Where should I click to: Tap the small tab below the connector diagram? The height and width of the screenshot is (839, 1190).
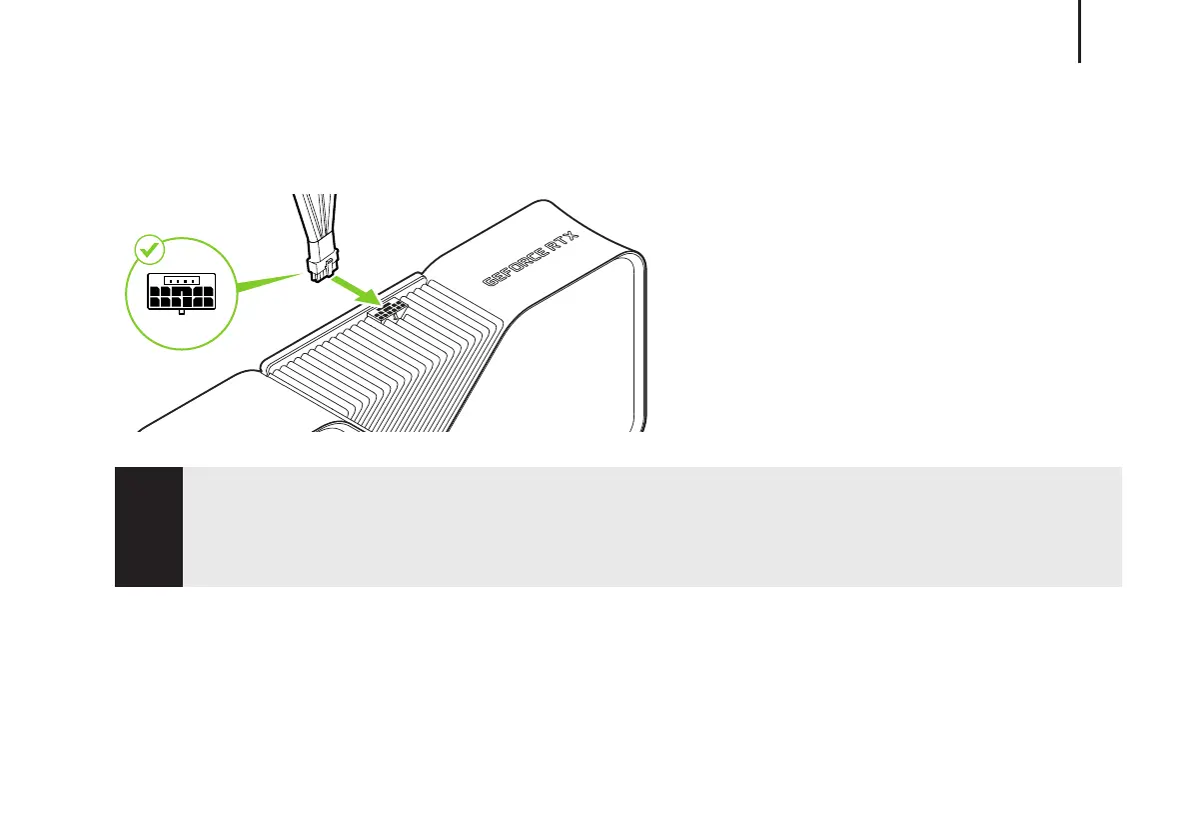(181, 312)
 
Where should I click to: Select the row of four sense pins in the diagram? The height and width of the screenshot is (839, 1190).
(181, 280)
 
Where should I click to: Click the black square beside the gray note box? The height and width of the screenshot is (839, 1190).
(148, 526)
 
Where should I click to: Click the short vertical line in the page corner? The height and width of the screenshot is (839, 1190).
(1080, 30)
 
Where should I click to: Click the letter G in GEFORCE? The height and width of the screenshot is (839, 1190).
(491, 281)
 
